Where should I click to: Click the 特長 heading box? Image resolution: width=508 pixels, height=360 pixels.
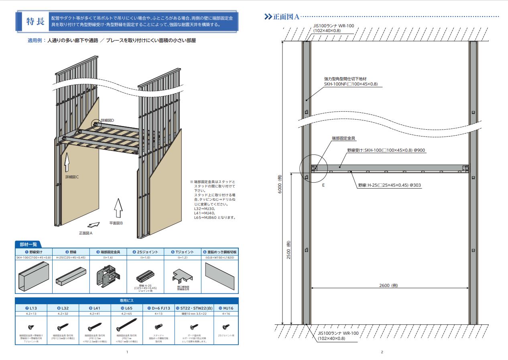coord(35,22)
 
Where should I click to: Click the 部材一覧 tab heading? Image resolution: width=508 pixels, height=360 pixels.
coord(28,244)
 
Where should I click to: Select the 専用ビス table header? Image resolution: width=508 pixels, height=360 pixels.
coord(127,300)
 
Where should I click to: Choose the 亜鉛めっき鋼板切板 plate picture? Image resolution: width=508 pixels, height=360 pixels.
coord(219,276)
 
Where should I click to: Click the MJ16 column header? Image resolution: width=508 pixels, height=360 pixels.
coord(226,308)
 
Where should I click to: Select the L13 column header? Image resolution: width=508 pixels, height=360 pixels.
coord(31,308)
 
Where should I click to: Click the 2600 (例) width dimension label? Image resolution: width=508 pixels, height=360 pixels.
coord(388,285)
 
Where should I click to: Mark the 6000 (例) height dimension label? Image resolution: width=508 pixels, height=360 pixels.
coord(279,184)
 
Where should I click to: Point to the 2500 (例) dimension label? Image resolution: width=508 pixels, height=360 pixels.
coord(288,250)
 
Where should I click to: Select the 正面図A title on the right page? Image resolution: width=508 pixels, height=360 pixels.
coord(286,17)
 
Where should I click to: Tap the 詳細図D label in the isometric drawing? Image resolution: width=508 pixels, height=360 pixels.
coord(108,120)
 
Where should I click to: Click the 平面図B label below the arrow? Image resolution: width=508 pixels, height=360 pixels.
coord(118,223)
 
